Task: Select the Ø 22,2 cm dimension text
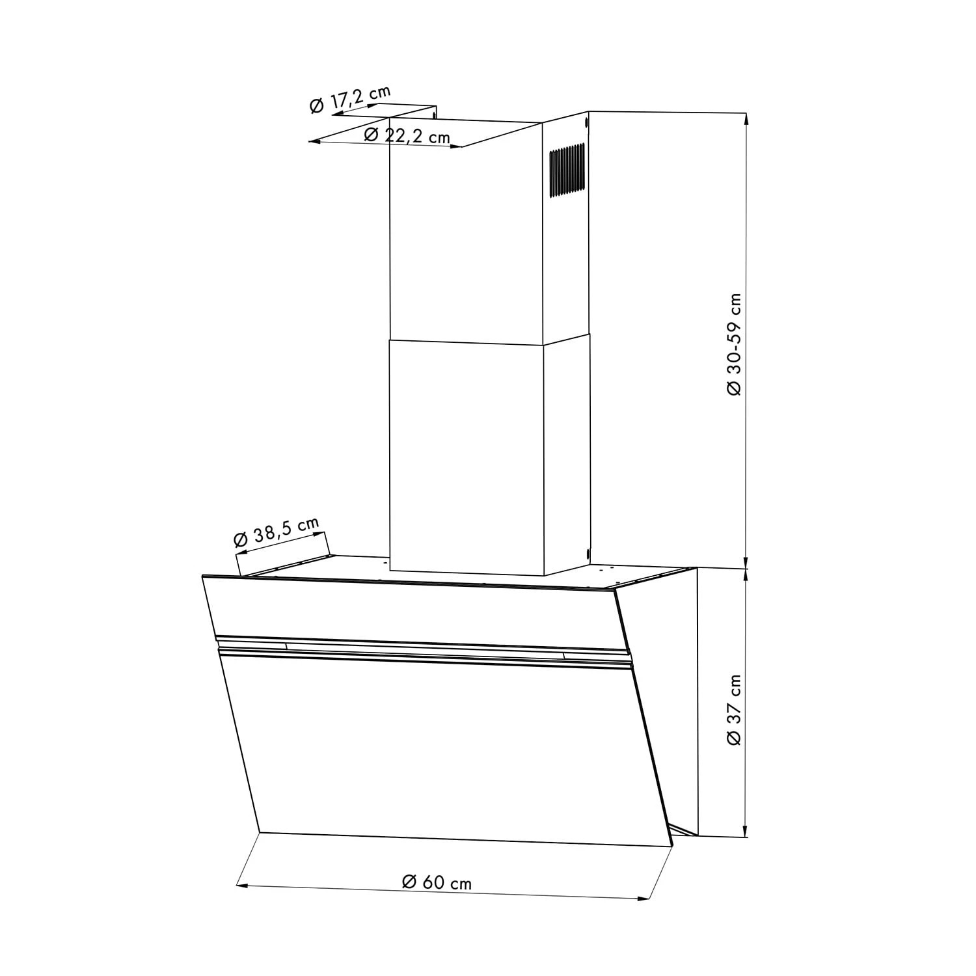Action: pyautogui.click(x=407, y=136)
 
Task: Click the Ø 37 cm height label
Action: pyautogui.click(x=733, y=710)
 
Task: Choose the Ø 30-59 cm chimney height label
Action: pyautogui.click(x=733, y=344)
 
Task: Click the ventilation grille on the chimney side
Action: pyautogui.click(x=566, y=170)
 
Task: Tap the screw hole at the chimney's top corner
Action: pyautogui.click(x=586, y=122)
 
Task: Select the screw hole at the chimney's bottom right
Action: pyautogui.click(x=587, y=554)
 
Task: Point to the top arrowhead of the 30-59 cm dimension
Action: pyautogui.click(x=746, y=118)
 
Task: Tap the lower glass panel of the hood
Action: pyautogui.click(x=442, y=748)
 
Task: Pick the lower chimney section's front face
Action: pyautogui.click(x=466, y=455)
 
